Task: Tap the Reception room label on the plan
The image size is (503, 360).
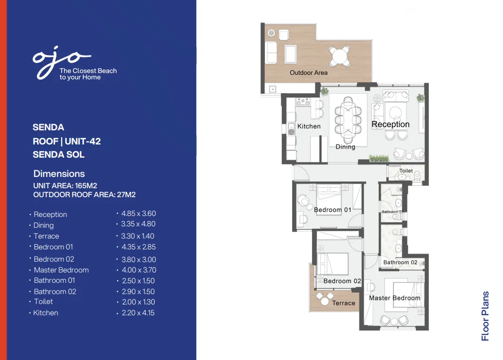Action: pyautogui.click(x=391, y=124)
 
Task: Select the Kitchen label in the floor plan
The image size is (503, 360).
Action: pyautogui.click(x=309, y=126)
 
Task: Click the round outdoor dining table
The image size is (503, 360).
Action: pyautogui.click(x=339, y=57)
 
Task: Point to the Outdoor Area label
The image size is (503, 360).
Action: pyautogui.click(x=309, y=73)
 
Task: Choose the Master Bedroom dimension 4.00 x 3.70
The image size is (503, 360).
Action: pyautogui.click(x=139, y=270)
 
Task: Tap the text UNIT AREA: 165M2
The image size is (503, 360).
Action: pyautogui.click(x=65, y=186)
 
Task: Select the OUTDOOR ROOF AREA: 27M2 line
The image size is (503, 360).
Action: pyautogui.click(x=85, y=194)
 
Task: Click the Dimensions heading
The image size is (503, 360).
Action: pyautogui.click(x=59, y=174)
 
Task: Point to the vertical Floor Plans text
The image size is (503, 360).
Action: pyautogui.click(x=486, y=316)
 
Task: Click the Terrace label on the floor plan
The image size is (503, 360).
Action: pyautogui.click(x=343, y=303)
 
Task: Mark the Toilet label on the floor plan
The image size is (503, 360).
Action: pyautogui.click(x=406, y=171)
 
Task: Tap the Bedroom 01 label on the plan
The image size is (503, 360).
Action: pyautogui.click(x=333, y=210)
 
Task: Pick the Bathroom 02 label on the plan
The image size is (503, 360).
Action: pyautogui.click(x=400, y=263)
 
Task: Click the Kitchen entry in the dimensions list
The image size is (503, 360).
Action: pyautogui.click(x=46, y=313)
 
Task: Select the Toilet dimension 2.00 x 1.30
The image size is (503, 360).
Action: pyautogui.click(x=138, y=302)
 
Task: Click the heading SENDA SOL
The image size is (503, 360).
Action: pyautogui.click(x=59, y=154)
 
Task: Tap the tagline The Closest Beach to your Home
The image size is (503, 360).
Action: pyautogui.click(x=88, y=74)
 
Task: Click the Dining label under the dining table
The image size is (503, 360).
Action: pyautogui.click(x=345, y=147)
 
